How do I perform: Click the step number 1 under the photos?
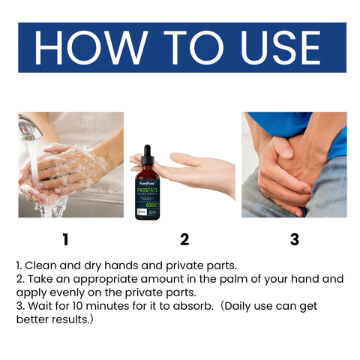point(65,240)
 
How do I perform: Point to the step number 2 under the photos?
point(184,240)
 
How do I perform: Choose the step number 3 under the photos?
point(294,240)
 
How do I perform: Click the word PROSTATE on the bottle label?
point(148,191)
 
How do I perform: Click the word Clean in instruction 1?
point(42,265)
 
